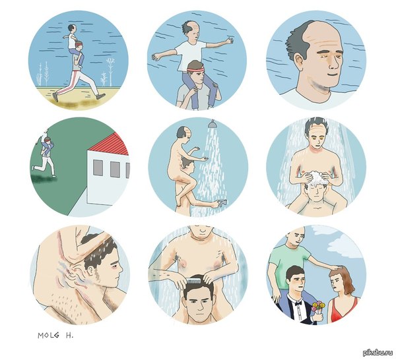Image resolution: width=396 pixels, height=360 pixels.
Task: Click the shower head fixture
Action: click(x=211, y=123)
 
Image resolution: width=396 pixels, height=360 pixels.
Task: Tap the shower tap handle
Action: click(x=222, y=202)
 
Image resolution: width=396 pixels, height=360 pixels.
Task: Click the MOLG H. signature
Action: click(x=55, y=336)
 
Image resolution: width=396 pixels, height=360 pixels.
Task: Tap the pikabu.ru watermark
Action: click(x=378, y=352)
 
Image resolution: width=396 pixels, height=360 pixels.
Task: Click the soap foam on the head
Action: click(x=316, y=177)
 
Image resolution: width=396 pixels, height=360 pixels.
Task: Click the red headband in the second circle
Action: click(x=195, y=69)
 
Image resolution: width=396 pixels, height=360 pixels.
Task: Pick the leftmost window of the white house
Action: click(x=98, y=167)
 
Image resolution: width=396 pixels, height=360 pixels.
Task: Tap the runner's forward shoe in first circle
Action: click(x=101, y=96)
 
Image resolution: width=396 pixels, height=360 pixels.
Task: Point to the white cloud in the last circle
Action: click(x=346, y=245)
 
